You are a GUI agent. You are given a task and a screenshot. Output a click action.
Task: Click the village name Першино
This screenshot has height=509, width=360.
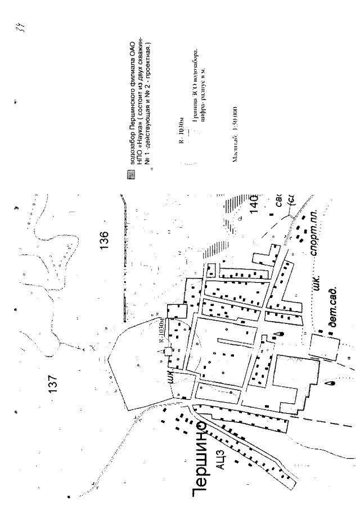click(199, 462)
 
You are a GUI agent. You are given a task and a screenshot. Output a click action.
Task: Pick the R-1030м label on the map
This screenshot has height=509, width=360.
click(161, 331)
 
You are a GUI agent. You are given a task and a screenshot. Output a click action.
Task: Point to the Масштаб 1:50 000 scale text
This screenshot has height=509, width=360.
click(235, 136)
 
